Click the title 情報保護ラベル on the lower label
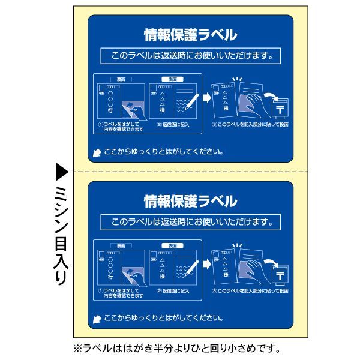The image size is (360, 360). tap(190, 199)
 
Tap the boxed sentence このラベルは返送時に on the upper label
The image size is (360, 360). tap(190, 57)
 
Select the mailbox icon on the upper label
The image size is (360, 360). tap(280, 109)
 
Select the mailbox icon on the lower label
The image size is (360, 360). tap(280, 274)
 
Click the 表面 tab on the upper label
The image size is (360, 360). tap(172, 79)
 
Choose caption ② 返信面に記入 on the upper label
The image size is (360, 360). tap(173, 125)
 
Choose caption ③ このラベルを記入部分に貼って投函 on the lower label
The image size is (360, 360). tap(250, 290)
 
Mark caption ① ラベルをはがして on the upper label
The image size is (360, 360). tap(122, 127)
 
